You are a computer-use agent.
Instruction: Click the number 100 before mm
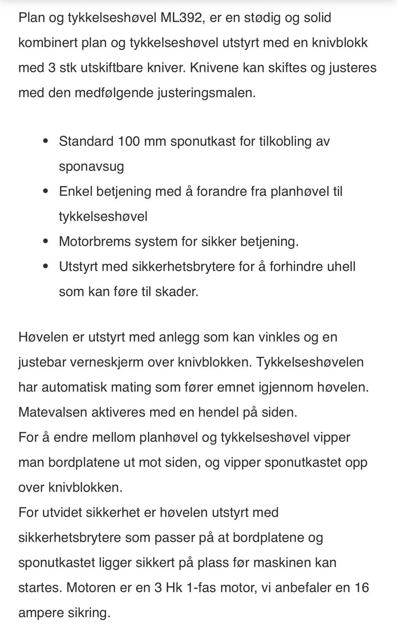129,141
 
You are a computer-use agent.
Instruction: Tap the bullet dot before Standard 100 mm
46,141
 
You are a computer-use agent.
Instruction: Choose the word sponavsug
91,166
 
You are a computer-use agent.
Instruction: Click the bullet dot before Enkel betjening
46,191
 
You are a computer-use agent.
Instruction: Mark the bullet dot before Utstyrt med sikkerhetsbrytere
46,266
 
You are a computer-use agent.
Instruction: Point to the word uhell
341,266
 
